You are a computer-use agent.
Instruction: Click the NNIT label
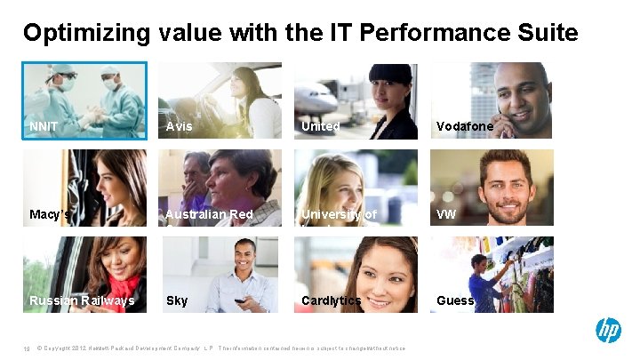coord(44,126)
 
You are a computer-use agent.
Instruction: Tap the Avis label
coord(179,126)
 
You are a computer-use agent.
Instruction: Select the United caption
coord(320,126)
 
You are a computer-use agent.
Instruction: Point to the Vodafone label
coord(464,126)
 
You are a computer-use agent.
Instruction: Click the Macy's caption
coord(50,214)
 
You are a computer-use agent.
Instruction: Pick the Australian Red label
coord(210,214)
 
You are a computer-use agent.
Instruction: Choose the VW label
coord(446,214)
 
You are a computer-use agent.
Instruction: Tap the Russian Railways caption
coord(82,300)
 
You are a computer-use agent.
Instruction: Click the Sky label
coord(177,300)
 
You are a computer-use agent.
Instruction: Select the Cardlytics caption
coord(332,300)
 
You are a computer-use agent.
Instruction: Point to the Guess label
coord(455,300)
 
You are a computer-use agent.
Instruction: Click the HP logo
coord(608,331)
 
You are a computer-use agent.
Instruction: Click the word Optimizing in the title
coord(87,34)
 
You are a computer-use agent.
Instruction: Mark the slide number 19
coord(28,348)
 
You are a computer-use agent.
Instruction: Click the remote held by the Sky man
coord(239,301)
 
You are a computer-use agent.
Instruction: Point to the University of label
coord(339,214)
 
